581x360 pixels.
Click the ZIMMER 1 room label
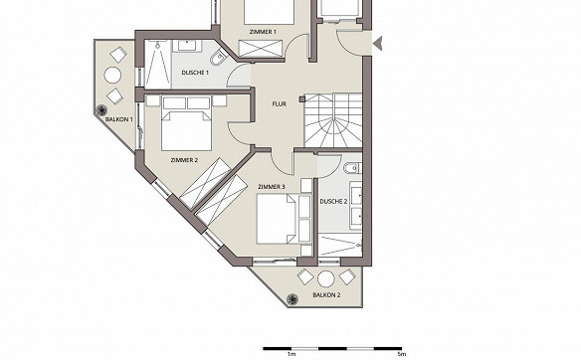(263, 32)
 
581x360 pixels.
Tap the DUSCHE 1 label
(195, 73)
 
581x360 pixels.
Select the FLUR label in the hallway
(279, 104)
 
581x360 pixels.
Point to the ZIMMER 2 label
(184, 160)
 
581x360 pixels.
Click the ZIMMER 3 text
(272, 187)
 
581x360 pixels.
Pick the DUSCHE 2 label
(333, 202)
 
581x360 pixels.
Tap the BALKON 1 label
(119, 119)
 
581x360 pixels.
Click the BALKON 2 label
(326, 295)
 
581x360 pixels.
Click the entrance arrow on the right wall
(378, 44)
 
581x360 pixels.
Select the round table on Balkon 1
(113, 76)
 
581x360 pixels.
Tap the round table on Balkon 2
(326, 278)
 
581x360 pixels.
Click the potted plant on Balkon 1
(101, 110)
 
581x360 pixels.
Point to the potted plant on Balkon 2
(292, 298)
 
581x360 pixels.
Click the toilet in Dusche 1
(219, 59)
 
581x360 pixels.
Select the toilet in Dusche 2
(351, 168)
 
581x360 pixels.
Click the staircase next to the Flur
(332, 120)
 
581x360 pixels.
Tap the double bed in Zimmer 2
(186, 124)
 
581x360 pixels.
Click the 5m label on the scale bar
(401, 354)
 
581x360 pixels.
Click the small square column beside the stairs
(302, 98)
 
